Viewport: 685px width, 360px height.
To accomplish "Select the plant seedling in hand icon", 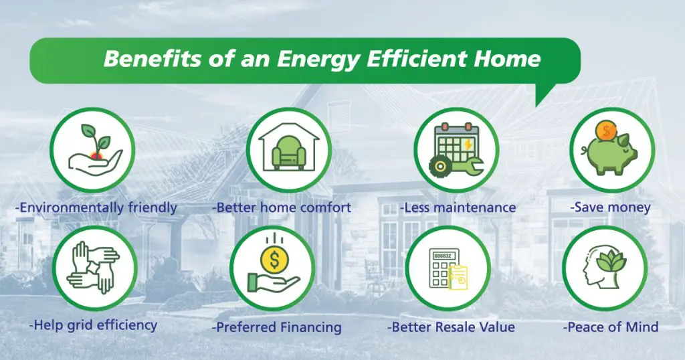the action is [x=96, y=150].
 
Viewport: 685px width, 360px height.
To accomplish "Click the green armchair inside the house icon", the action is [x=289, y=152].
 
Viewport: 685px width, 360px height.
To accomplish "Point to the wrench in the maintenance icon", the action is [x=468, y=166].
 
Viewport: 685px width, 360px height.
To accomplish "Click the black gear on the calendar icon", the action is [x=440, y=166].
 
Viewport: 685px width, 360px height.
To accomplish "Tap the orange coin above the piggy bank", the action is [x=606, y=130].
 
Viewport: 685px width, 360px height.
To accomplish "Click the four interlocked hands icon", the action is [x=94, y=267].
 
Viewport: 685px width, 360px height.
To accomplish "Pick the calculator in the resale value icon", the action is [x=443, y=268].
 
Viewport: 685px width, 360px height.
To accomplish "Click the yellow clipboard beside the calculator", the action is [x=458, y=277].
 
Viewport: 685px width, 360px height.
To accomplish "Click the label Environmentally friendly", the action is [x=96, y=207].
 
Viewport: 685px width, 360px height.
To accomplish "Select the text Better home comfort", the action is [x=282, y=207].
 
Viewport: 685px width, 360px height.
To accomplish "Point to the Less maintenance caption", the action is [x=458, y=207].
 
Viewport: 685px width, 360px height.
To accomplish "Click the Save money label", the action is [x=610, y=207].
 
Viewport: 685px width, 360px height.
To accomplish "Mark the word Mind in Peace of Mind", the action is [x=640, y=327].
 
